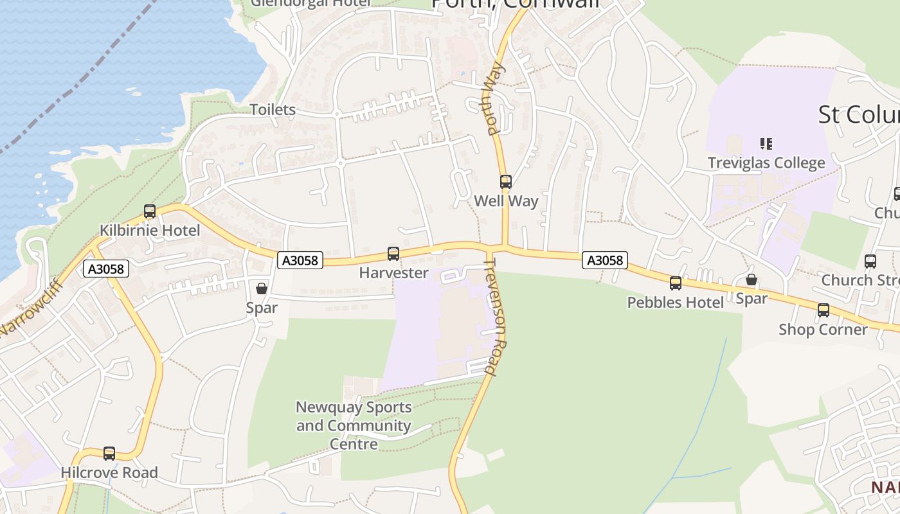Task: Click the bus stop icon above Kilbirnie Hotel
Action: [x=150, y=211]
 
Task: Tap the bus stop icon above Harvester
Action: [x=393, y=254]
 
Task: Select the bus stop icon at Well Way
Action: [x=506, y=182]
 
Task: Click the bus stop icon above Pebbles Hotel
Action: [x=676, y=283]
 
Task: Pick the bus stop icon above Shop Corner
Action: [x=824, y=310]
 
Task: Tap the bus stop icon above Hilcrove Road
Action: [x=109, y=454]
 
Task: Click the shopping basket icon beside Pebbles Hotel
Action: [x=751, y=279]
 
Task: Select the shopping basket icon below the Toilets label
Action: [x=262, y=288]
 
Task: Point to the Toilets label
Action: [x=273, y=110]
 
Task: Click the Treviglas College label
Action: [x=766, y=163]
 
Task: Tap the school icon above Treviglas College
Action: [x=766, y=144]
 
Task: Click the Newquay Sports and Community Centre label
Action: [x=354, y=425]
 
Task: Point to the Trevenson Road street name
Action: [x=496, y=321]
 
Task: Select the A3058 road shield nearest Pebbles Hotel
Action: [x=604, y=260]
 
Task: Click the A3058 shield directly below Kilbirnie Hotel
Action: [x=106, y=269]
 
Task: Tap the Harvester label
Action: [x=393, y=273]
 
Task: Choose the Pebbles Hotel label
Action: [x=676, y=302]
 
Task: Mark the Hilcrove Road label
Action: [x=109, y=473]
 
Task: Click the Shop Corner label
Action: [x=823, y=330]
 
